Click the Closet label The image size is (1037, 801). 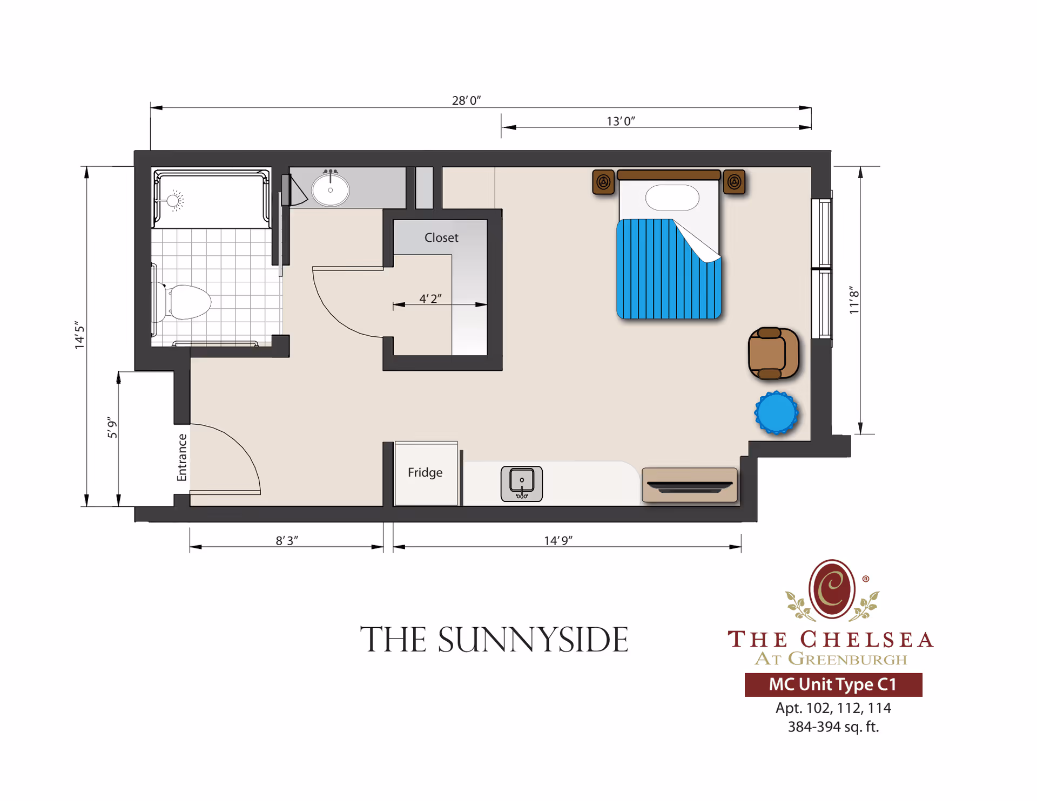[x=441, y=237]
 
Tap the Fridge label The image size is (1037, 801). [x=425, y=472]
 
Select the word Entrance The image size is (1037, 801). [x=182, y=457]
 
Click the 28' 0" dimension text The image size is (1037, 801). [x=466, y=100]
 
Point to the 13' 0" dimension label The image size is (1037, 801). [x=621, y=121]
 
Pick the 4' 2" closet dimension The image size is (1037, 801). [x=430, y=298]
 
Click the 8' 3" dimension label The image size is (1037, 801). [x=287, y=540]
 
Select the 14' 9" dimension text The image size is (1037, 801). [x=558, y=540]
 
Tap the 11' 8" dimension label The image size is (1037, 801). [x=853, y=300]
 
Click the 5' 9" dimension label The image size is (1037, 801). [x=112, y=427]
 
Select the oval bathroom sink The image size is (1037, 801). [x=331, y=189]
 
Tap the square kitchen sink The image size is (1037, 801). [x=521, y=483]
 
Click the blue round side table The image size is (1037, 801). [x=776, y=413]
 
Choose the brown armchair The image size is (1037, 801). [x=773, y=354]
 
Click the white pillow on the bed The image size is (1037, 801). [x=672, y=198]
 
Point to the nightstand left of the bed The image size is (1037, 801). [x=603, y=182]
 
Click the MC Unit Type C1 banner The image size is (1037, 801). [x=833, y=684]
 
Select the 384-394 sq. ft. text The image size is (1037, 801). [x=833, y=727]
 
